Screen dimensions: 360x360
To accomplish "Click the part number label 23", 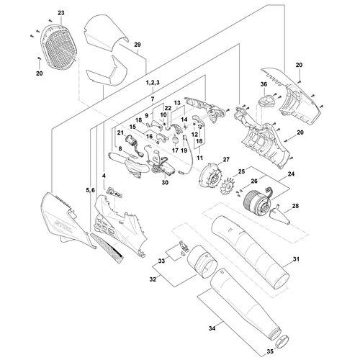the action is (x=61, y=13).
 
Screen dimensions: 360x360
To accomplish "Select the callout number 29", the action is (x=138, y=45).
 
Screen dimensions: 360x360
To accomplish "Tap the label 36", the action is (x=264, y=84).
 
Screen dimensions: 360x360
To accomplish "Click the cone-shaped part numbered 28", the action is (x=279, y=215).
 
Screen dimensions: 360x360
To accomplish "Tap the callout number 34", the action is (x=212, y=328).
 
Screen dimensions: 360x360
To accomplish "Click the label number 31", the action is (x=297, y=259).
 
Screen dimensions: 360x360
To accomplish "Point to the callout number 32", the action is (x=153, y=279).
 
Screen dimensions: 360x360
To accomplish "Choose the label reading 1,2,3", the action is (x=153, y=83).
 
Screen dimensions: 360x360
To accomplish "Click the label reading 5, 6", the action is (x=90, y=190).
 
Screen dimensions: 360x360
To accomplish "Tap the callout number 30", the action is (x=165, y=182).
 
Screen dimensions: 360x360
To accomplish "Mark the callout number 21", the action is (x=120, y=132).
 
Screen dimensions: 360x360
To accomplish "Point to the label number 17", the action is (x=175, y=150).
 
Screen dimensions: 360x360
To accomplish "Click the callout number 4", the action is (x=104, y=176).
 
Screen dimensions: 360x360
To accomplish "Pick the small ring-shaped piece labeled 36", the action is (x=266, y=100).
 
